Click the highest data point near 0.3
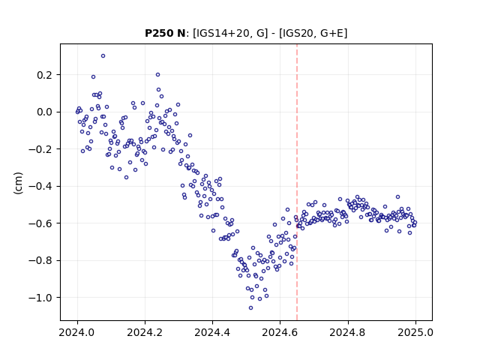click(x=103, y=56)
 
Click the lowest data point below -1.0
click(x=250, y=308)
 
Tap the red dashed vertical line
click(x=297, y=182)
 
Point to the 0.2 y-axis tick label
click(x=45, y=75)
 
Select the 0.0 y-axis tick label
click(x=45, y=112)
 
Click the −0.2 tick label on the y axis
click(x=40, y=149)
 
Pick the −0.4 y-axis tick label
click(x=40, y=187)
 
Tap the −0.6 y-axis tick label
click(x=40, y=223)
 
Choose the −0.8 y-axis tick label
click(x=40, y=260)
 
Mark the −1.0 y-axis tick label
click(x=40, y=298)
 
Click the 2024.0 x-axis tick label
click(x=77, y=332)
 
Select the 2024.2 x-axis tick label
click(x=145, y=332)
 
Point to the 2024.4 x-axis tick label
click(x=212, y=332)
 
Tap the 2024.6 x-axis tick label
click(x=280, y=332)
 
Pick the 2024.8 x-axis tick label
click(x=348, y=332)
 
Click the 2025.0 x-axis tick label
click(x=415, y=332)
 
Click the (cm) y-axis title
click(x=18, y=183)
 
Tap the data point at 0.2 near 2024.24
click(x=158, y=75)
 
